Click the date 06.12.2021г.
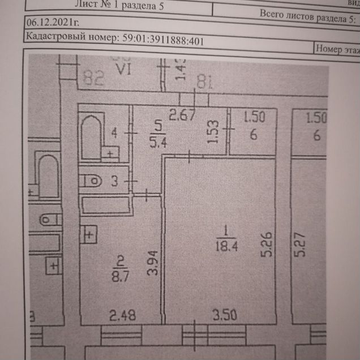tap(52, 24)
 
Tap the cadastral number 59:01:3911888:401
tap(162, 40)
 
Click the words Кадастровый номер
tap(70, 40)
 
